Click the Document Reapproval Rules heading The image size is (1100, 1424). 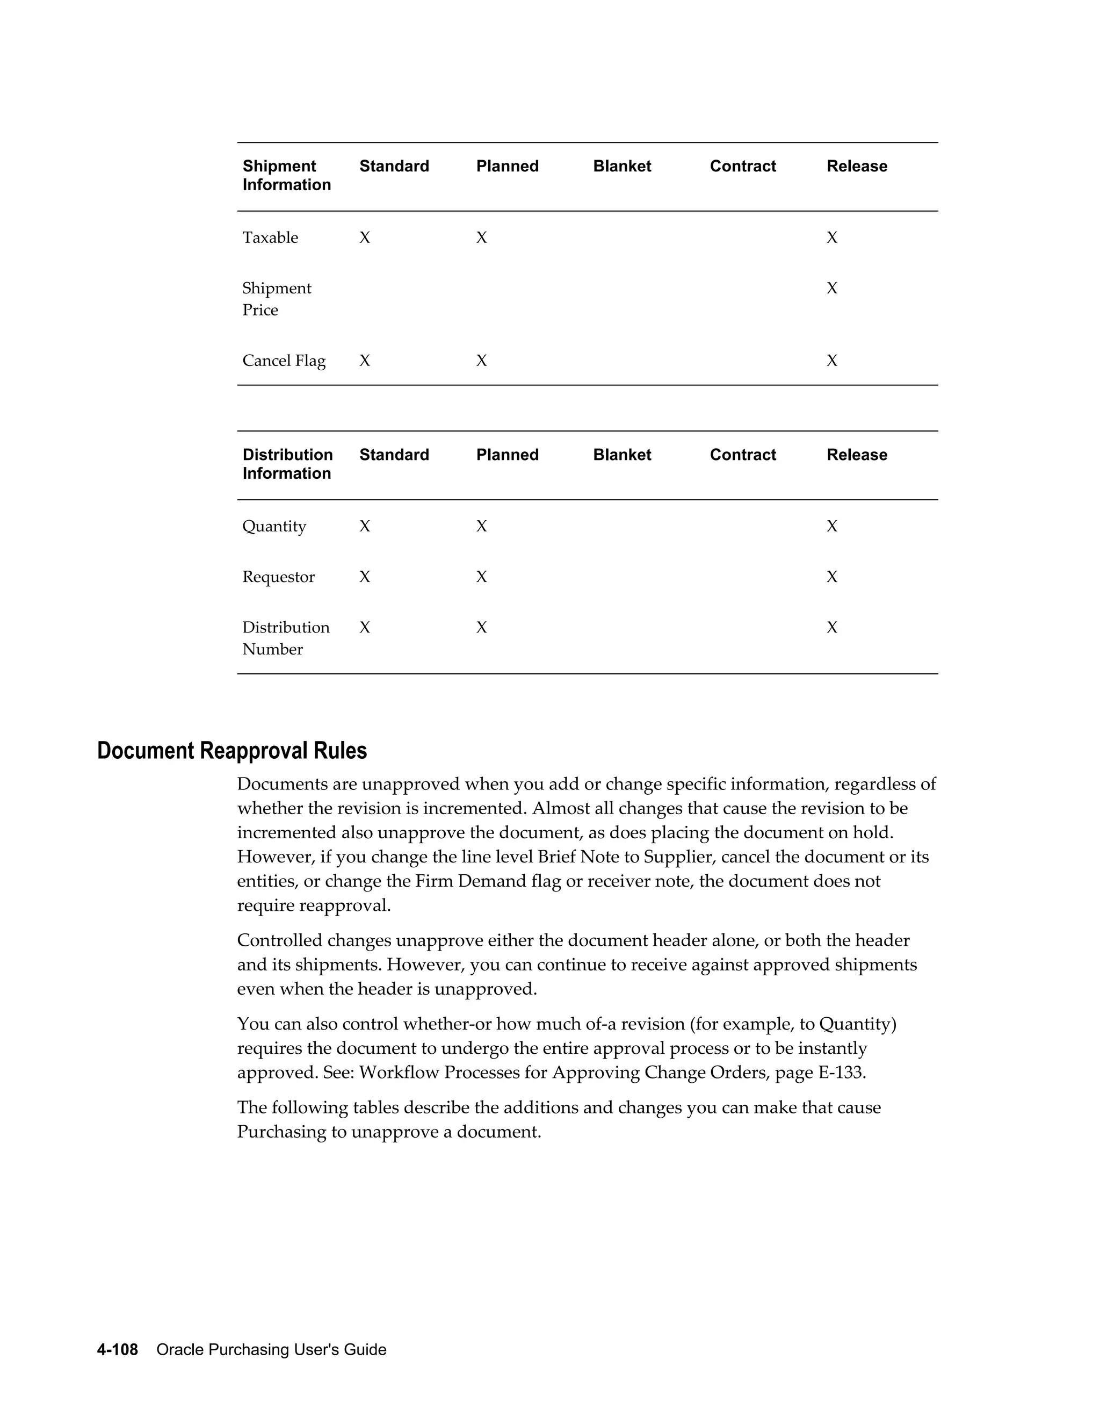pos(232,751)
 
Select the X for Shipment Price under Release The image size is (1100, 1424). pos(831,288)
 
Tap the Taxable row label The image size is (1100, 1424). pos(270,238)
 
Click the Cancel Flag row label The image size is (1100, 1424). pos(284,361)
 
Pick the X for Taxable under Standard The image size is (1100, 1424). pos(364,238)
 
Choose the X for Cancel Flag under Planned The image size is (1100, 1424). pos(481,361)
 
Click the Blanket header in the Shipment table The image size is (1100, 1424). pos(621,166)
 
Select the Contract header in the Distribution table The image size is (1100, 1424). pos(742,455)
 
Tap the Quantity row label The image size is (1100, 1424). pos(274,526)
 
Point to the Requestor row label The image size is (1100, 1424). pos(278,577)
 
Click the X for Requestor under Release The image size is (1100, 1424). pos(831,577)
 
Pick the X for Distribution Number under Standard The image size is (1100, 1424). pos(364,627)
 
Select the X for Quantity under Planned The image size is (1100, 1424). pos(481,526)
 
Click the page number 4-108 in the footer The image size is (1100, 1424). pos(117,1349)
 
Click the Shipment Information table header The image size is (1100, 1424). pos(286,175)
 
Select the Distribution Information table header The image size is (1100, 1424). pos(287,464)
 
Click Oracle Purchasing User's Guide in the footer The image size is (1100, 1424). pos(271,1349)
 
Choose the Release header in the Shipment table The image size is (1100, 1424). pos(856,166)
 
